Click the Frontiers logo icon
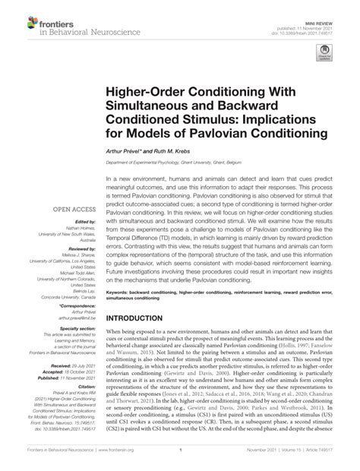click(x=16, y=17)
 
